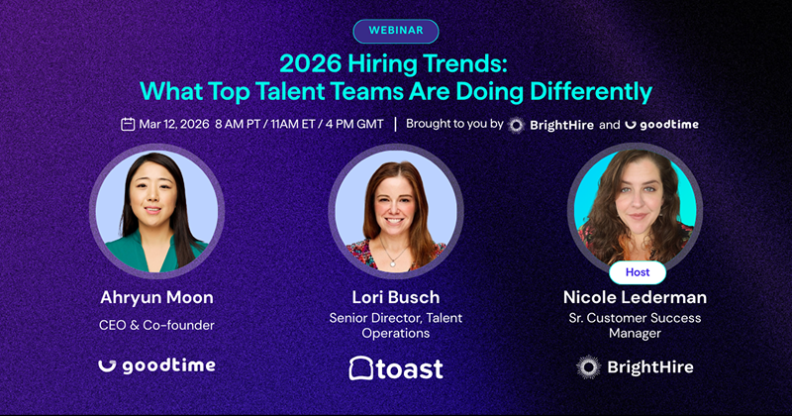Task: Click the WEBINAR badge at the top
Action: click(395, 31)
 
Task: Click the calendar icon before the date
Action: click(128, 125)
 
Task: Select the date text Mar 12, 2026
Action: click(173, 125)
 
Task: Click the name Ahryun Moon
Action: click(156, 297)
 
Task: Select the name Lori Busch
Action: click(396, 297)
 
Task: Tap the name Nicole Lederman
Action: click(635, 297)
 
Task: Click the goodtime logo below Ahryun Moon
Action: click(156, 365)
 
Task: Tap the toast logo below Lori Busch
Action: click(396, 367)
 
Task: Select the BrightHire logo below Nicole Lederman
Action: click(635, 366)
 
